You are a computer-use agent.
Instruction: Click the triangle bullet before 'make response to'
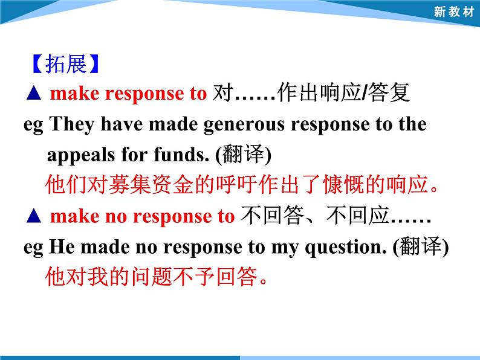click(34, 94)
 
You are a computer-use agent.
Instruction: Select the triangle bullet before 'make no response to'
click(34, 216)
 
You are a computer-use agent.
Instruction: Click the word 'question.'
click(357, 247)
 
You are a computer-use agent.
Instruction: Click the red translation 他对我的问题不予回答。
click(157, 277)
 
